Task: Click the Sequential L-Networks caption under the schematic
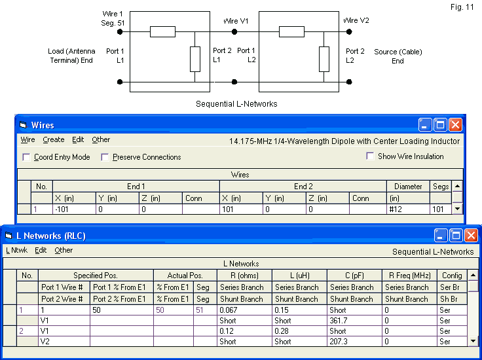click(x=236, y=104)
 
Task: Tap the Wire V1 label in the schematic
click(x=236, y=21)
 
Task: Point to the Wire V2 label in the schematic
click(x=356, y=20)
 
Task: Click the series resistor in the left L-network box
click(x=162, y=31)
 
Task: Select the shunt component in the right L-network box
click(x=324, y=59)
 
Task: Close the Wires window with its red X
click(x=455, y=124)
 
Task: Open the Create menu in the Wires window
click(x=54, y=139)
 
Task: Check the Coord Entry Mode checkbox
click(x=26, y=157)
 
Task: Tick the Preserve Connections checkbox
click(x=105, y=157)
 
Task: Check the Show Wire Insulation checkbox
click(x=371, y=156)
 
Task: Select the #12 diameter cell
click(x=407, y=209)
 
